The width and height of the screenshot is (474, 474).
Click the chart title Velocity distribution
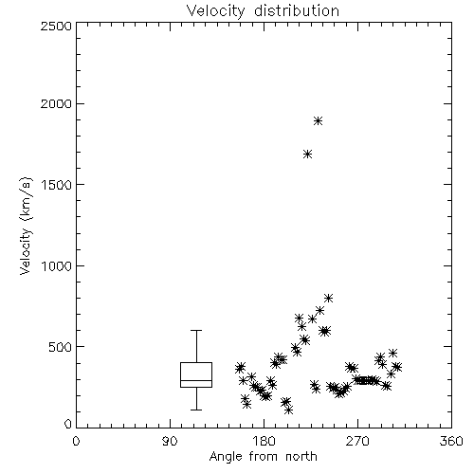[263, 10]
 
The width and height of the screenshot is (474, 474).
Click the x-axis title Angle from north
[263, 456]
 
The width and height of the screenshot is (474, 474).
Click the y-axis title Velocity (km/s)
[26, 226]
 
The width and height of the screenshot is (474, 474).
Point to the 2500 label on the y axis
[56, 26]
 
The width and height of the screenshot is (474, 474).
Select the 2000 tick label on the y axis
[56, 103]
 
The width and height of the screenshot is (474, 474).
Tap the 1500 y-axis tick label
[57, 185]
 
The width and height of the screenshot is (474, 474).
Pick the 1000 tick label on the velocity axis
[57, 266]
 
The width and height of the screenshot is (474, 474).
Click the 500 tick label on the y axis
[61, 347]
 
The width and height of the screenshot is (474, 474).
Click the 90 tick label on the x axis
[170, 441]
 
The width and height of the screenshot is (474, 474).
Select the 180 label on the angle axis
[264, 441]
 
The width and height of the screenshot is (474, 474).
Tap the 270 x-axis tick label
[357, 441]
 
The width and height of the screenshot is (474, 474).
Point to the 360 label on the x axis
[451, 441]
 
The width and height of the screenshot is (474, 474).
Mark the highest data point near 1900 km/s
[319, 120]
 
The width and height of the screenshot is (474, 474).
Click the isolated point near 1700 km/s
[308, 155]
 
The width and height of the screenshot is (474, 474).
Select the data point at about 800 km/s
[329, 298]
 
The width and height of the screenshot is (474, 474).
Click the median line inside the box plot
[196, 380]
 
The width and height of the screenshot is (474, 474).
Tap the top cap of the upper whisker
[196, 330]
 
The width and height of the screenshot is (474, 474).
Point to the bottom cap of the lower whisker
[196, 410]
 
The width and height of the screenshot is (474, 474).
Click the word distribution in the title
[297, 10]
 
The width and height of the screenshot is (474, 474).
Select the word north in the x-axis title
[301, 456]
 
